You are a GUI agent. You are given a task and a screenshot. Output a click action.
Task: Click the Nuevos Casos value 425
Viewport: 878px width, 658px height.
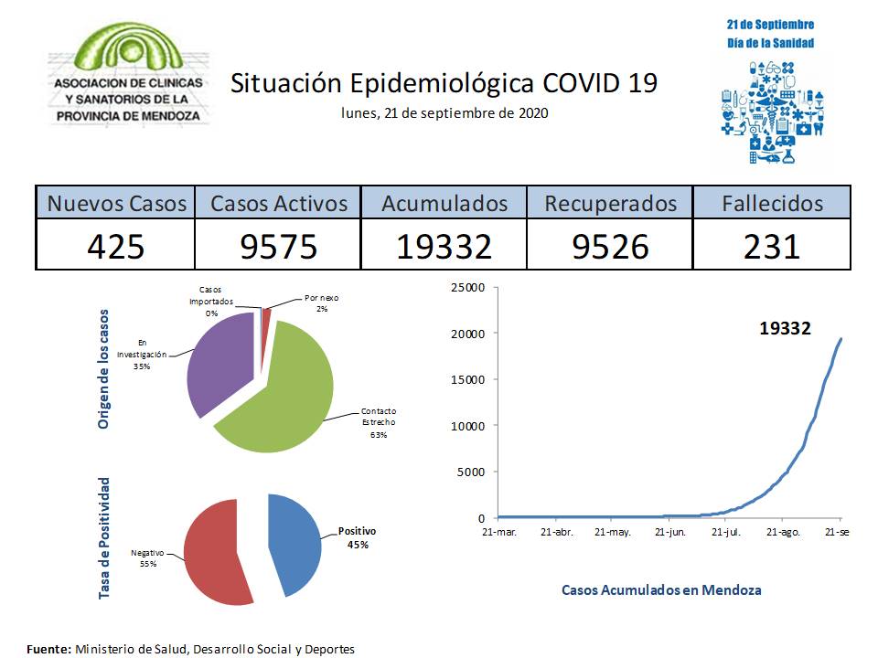[x=115, y=245]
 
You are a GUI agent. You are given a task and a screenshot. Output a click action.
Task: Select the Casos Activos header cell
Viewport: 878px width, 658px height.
[x=279, y=203]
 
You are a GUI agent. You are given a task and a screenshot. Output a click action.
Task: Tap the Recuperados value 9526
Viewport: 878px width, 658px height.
[x=610, y=245]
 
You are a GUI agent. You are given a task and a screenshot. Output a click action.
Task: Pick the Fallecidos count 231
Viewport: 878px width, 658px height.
[x=772, y=245]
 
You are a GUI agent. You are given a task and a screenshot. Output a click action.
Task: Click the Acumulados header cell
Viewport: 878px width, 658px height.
[x=444, y=203]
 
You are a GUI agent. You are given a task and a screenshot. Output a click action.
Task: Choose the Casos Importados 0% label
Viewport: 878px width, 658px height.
[x=210, y=301]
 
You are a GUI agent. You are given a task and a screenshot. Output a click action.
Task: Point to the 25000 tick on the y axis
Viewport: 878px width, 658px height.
[x=467, y=288]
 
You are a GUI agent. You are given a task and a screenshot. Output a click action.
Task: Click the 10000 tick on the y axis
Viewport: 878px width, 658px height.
[x=467, y=426]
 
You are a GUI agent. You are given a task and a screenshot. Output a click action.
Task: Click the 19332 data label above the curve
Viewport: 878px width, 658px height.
[x=785, y=327]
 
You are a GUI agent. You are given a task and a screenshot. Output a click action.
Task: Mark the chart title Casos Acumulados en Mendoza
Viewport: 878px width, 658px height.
[x=660, y=589]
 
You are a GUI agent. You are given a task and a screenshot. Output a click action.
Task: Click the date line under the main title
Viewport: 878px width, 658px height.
[x=444, y=113]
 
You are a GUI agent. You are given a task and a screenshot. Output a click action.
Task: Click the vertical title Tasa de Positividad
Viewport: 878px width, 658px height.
[x=104, y=538]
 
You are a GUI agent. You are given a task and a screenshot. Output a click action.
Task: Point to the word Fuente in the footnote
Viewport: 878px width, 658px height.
[x=48, y=649]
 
